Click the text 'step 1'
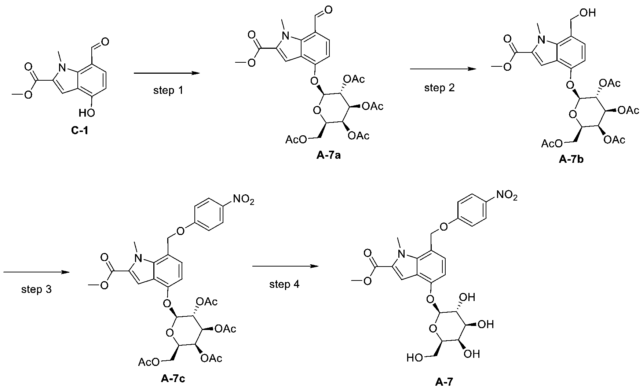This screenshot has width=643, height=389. coord(168,90)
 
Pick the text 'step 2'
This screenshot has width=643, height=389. coord(439,88)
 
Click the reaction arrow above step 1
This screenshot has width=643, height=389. coord(167,73)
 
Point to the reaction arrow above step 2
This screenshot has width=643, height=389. coord(442,69)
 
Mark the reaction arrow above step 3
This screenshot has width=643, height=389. coord(37,272)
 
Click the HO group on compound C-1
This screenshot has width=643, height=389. coord(87,113)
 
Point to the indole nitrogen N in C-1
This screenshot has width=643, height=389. coord(63,67)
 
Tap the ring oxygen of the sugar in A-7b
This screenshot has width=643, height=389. coord(571,115)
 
